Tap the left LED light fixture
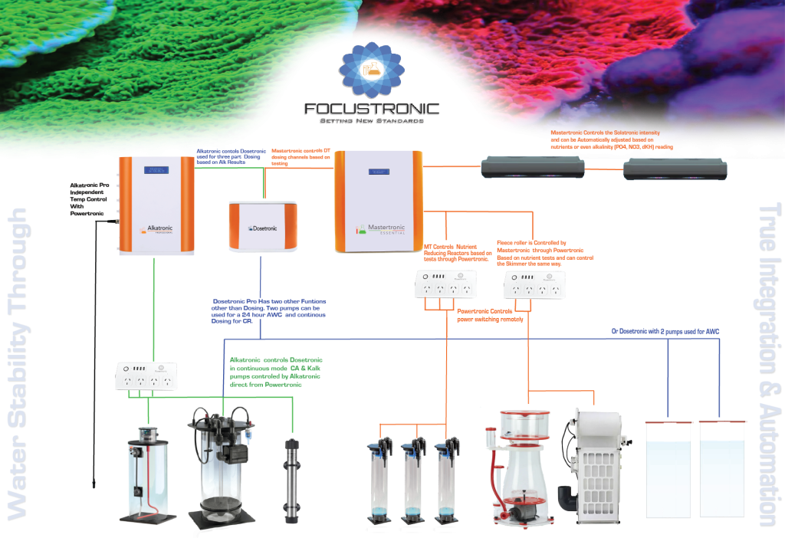532,168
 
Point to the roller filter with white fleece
591,463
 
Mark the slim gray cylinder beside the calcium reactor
291,480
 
